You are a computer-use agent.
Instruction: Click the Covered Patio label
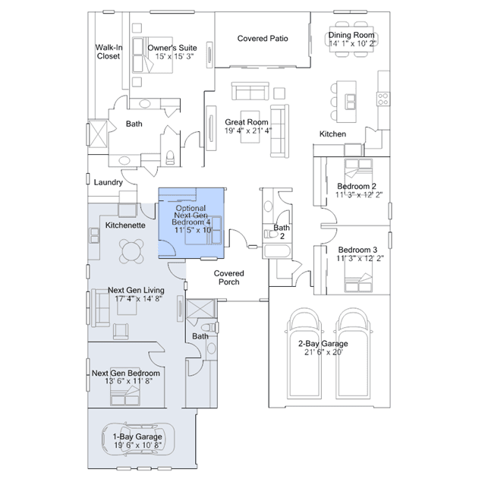click(263, 39)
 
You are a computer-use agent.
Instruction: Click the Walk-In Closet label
click(109, 51)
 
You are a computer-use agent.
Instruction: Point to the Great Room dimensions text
click(247, 131)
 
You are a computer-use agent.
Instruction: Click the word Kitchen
click(332, 134)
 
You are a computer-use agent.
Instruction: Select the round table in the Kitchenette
click(133, 250)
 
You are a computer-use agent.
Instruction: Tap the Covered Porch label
click(228, 277)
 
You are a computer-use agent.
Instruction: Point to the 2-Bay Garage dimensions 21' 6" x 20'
click(324, 352)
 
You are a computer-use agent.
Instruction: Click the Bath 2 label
click(282, 231)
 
